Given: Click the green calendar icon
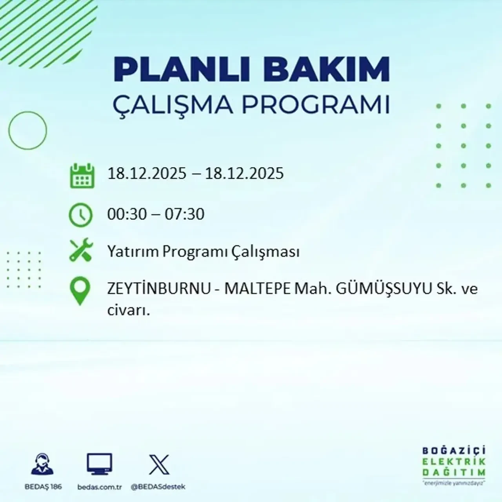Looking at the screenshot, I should tap(82, 176).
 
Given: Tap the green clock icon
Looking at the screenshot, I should tap(80, 215).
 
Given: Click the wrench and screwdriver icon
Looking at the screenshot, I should tap(80, 251).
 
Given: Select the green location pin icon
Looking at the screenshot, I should tap(80, 291).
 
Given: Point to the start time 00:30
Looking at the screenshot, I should tap(127, 214).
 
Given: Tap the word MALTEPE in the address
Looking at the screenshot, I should tap(257, 289).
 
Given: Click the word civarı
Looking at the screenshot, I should tap(129, 311).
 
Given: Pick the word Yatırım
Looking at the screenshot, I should tap(133, 251).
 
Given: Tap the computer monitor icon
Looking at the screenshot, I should tap(99, 464).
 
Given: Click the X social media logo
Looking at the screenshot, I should tap(159, 465).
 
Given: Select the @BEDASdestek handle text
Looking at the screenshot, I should tap(158, 487).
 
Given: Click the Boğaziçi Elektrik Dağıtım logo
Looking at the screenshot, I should tap(454, 465).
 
